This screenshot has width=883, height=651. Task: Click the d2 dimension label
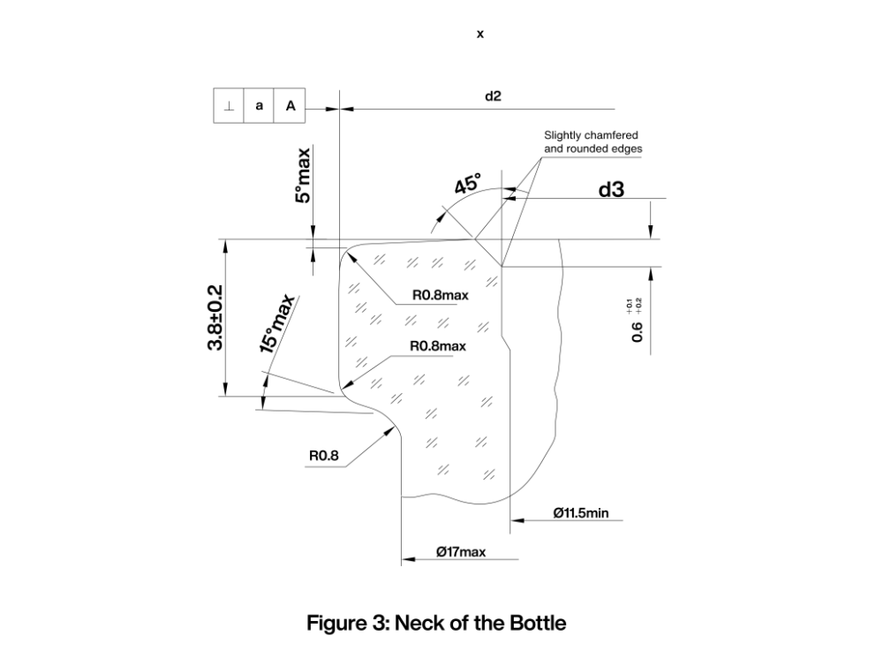[x=493, y=95]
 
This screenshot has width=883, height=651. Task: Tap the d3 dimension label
[x=612, y=188]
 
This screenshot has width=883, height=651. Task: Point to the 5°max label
[x=304, y=176]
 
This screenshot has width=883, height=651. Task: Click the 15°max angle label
[x=276, y=324]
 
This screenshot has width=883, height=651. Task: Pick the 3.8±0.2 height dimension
[x=215, y=317]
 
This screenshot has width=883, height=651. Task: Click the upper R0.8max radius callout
[x=440, y=295]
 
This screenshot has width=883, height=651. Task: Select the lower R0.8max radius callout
[x=437, y=346]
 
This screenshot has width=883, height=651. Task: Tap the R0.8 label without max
[x=324, y=457]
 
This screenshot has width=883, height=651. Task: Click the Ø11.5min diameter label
[x=581, y=512]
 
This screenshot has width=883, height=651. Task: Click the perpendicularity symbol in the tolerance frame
[x=230, y=106]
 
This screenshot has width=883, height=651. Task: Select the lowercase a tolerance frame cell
[x=260, y=106]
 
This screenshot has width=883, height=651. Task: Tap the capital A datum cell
[x=290, y=106]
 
